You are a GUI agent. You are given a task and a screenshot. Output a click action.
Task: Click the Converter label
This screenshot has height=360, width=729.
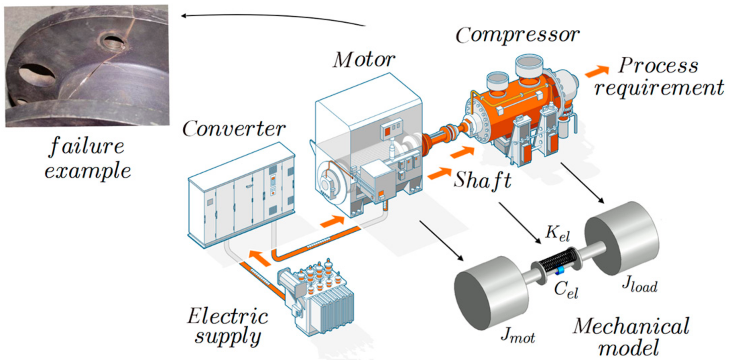click(234, 129)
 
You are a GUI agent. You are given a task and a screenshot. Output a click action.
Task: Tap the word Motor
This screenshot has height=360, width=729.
click(364, 60)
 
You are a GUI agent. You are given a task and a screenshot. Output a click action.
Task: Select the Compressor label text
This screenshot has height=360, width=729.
click(517, 35)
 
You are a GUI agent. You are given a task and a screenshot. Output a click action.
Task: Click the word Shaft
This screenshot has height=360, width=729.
click(482, 180)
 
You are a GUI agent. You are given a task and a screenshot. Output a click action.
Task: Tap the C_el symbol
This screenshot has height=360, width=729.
click(566, 289)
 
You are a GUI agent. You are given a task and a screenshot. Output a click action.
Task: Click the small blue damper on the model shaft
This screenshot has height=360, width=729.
click(559, 271)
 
